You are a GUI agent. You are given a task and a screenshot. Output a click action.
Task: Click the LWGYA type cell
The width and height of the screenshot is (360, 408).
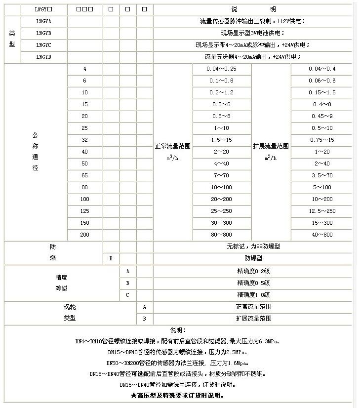(43, 21)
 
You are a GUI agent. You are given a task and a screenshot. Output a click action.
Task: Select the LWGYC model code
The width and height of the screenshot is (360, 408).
(43, 45)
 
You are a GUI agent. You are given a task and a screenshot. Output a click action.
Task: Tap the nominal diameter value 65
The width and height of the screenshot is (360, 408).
(84, 175)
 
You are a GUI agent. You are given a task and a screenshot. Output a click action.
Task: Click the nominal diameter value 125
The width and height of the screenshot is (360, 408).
(84, 211)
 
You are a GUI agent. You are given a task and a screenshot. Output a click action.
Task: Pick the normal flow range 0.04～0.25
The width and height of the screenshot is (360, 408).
(222, 69)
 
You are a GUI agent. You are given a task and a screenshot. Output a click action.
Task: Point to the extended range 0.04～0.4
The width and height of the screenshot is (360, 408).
(321, 69)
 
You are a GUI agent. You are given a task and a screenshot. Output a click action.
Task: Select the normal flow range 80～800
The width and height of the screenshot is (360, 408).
(222, 235)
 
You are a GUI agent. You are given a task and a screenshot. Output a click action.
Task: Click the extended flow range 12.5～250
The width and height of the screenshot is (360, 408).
(321, 211)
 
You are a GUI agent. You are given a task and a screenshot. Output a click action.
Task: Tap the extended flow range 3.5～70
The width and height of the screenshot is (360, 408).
(321, 175)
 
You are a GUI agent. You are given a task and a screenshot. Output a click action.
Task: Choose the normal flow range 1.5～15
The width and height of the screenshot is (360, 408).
(222, 140)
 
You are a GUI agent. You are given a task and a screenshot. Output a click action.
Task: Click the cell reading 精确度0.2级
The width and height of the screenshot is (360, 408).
(253, 271)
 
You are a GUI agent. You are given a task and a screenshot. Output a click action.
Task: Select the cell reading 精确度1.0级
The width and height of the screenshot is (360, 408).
(253, 295)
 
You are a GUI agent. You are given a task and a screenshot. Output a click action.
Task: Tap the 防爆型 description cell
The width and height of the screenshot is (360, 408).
(253, 258)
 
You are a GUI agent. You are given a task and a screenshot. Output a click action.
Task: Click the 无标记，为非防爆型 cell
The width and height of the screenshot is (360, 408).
(253, 246)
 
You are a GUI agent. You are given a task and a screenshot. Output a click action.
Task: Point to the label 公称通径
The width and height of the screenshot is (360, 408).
(35, 152)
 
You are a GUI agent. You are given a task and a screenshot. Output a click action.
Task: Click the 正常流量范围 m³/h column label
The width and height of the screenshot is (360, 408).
(173, 152)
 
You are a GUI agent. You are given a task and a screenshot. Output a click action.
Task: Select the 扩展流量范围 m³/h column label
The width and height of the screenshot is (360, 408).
(271, 152)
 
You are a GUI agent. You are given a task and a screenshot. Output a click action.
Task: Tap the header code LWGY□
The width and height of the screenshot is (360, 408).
(43, 9)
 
